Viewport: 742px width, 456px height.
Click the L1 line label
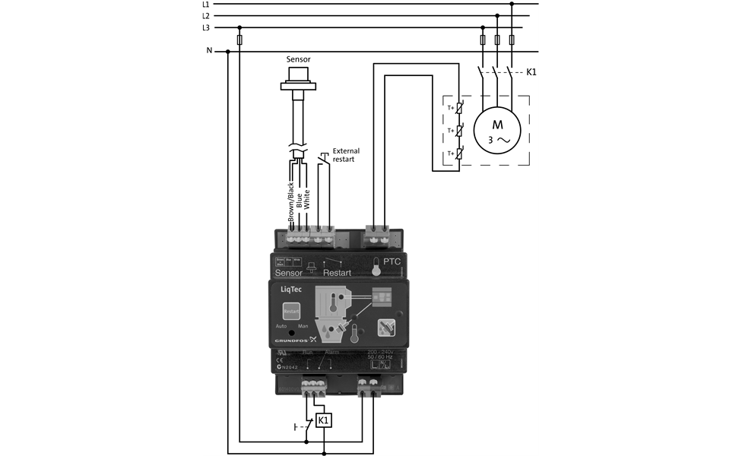206,4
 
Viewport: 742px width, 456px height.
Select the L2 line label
206,15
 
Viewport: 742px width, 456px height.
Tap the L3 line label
206,27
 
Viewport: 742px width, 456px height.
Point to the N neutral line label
209,51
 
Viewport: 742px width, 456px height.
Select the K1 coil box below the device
324,420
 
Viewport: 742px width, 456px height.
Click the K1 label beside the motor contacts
532,72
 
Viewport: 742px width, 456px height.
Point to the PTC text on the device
392,261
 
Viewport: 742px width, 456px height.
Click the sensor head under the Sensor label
298,80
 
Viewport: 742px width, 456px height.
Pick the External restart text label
346,155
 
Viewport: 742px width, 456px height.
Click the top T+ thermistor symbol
458,108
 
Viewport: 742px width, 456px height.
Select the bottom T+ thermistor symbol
458,154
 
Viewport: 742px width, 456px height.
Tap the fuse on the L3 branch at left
240,40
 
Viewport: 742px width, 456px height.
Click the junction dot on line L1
512,4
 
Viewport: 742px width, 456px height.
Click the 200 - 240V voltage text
381,351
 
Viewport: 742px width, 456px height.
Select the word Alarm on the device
332,352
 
